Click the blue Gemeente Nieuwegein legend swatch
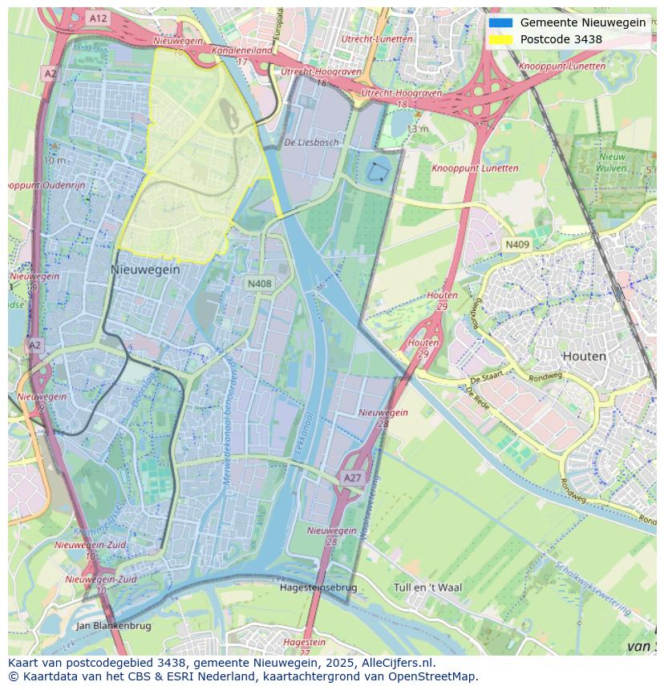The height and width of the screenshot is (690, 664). pyautogui.click(x=500, y=22)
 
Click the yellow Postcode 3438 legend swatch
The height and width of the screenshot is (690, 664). pyautogui.click(x=500, y=39)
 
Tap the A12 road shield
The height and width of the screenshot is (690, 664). pyautogui.click(x=98, y=18)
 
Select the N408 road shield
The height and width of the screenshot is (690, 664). pyautogui.click(x=259, y=284)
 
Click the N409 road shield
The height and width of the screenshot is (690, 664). pyautogui.click(x=516, y=244)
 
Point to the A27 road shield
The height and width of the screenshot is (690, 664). pyautogui.click(x=352, y=478)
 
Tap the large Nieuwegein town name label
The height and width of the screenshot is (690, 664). pyautogui.click(x=145, y=270)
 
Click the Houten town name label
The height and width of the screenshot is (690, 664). pyautogui.click(x=584, y=356)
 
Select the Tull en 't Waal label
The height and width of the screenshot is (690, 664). pyautogui.click(x=427, y=587)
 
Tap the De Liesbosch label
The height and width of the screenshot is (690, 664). pyautogui.click(x=311, y=142)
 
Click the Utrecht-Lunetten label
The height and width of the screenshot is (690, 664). pyautogui.click(x=377, y=38)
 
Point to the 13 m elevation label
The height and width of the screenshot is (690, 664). pyautogui.click(x=417, y=129)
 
